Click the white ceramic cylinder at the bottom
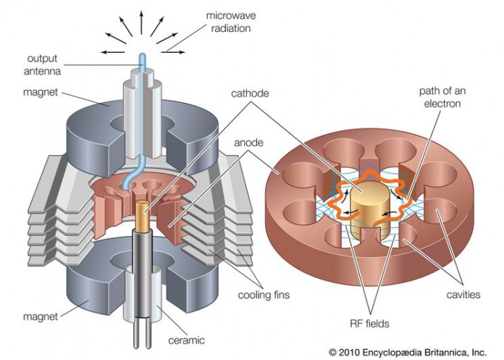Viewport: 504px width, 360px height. coord(156,297)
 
